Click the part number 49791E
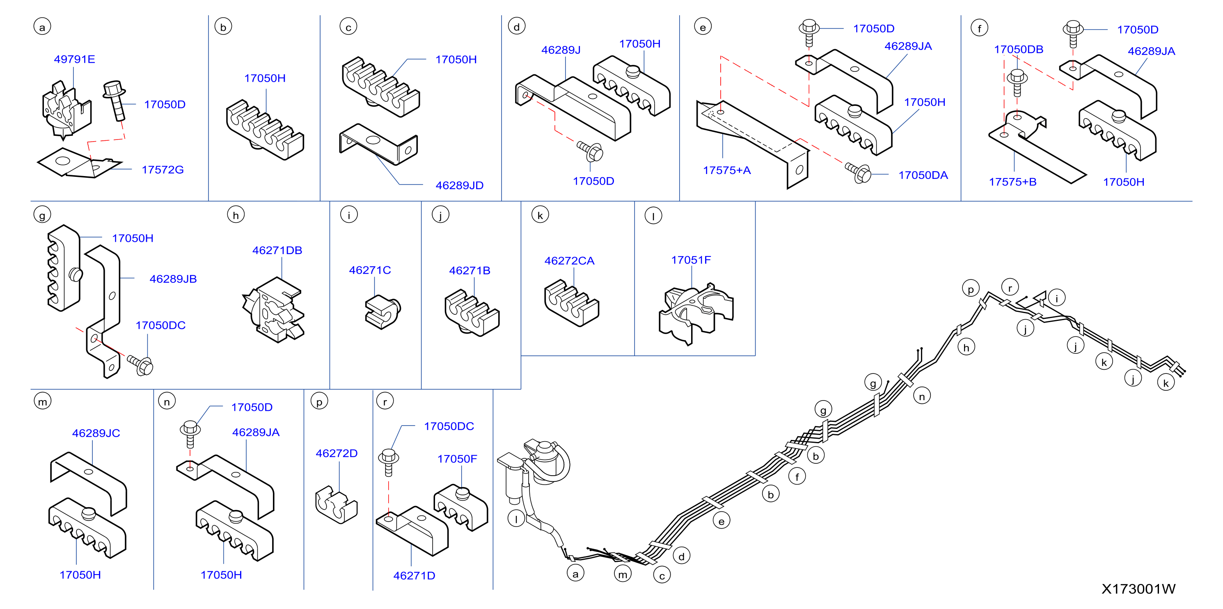point(75,60)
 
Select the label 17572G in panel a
point(163,169)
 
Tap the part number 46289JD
point(460,185)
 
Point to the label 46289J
point(561,50)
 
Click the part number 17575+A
point(727,170)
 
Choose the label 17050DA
point(923,175)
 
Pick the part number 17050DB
point(1018,49)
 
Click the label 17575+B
point(1013,182)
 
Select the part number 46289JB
point(173,279)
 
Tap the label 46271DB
point(277,250)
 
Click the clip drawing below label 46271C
point(382,311)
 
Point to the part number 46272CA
point(569,261)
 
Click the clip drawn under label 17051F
point(696,314)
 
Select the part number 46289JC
point(96,433)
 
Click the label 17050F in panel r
point(457,458)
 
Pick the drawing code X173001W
point(1138,588)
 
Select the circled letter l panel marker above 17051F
point(653,216)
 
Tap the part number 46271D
point(414,575)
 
